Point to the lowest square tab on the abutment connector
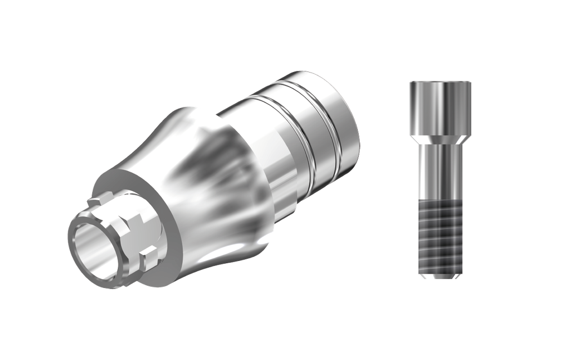click(146, 260)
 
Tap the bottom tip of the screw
click(440, 277)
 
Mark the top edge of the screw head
click(440, 82)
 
